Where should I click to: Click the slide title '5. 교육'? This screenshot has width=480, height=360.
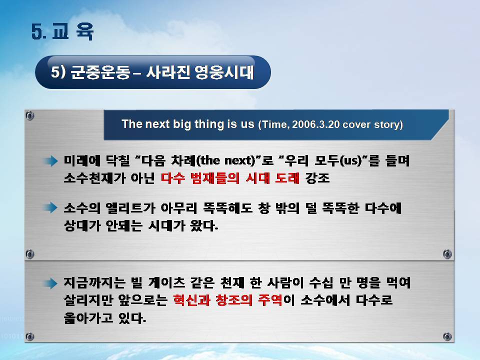pos(62,31)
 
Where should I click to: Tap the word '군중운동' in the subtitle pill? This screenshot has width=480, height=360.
pos(100,72)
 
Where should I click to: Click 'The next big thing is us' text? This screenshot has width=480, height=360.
pos(188,124)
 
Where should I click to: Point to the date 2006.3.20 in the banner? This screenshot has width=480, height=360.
pos(315,124)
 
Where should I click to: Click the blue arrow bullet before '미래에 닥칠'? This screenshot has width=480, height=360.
pos(51,160)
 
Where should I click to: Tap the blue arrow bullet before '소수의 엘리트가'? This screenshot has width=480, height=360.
pos(51,207)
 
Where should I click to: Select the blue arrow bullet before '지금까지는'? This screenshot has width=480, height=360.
pos(51,283)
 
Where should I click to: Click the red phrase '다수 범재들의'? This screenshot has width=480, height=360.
pos(200,178)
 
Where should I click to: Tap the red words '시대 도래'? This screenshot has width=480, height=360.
pos(272,178)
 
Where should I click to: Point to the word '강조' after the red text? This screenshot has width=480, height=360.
pos(317,178)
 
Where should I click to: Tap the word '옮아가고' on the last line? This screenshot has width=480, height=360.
pos(88,318)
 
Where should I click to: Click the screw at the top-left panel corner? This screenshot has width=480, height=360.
pos(29,115)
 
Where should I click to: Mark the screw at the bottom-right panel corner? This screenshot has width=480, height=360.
pos(447,337)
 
